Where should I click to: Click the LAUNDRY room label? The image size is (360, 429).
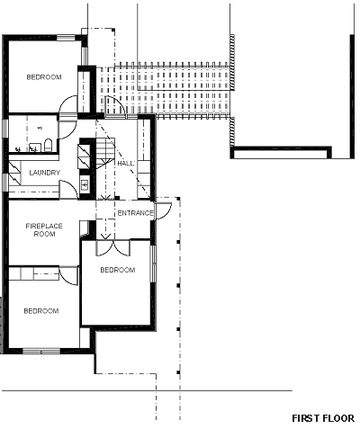coord(45,173)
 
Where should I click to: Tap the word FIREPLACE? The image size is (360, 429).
coord(44,226)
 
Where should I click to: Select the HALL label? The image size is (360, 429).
coord(125,164)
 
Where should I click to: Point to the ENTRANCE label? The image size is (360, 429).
coord(135,213)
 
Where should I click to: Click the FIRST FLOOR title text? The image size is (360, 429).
coord(323,418)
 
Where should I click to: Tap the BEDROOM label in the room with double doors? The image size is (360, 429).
coord(118,270)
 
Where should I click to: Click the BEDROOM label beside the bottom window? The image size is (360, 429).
coord(41,311)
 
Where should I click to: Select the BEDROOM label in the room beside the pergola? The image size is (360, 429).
coord(44,77)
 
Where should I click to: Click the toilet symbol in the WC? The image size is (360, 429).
coord(48,145)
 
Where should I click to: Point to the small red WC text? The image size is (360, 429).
coord(40,128)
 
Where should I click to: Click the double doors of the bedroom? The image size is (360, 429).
coord(112,248)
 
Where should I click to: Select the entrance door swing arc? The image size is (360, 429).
coord(164,210)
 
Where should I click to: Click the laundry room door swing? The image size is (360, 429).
coord(69,190)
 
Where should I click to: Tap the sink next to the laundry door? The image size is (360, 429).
coord(85,184)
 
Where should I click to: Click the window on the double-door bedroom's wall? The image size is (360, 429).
coord(153,264)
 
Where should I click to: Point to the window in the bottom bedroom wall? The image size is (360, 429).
coord(41,351)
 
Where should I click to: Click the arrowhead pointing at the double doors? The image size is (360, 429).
coord(105,237)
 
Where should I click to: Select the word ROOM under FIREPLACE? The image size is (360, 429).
coord(44,234)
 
